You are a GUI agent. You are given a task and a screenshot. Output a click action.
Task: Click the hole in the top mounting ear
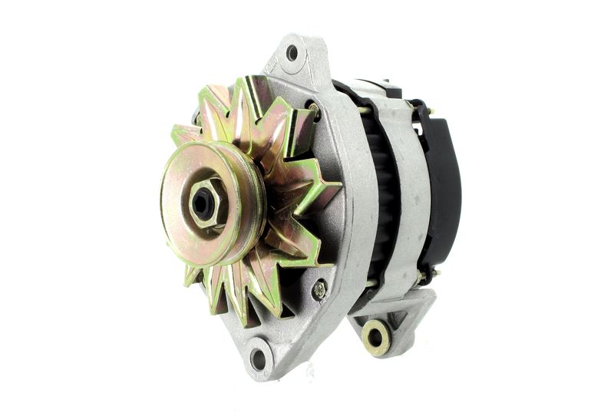point(292,53)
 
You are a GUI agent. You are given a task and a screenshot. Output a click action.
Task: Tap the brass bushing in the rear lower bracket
point(376,336)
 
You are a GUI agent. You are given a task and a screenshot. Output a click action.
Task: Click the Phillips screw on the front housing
point(319,289)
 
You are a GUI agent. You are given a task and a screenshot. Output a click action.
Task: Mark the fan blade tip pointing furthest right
point(338,185)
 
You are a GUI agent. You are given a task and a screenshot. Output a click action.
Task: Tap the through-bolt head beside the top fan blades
point(312,108)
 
